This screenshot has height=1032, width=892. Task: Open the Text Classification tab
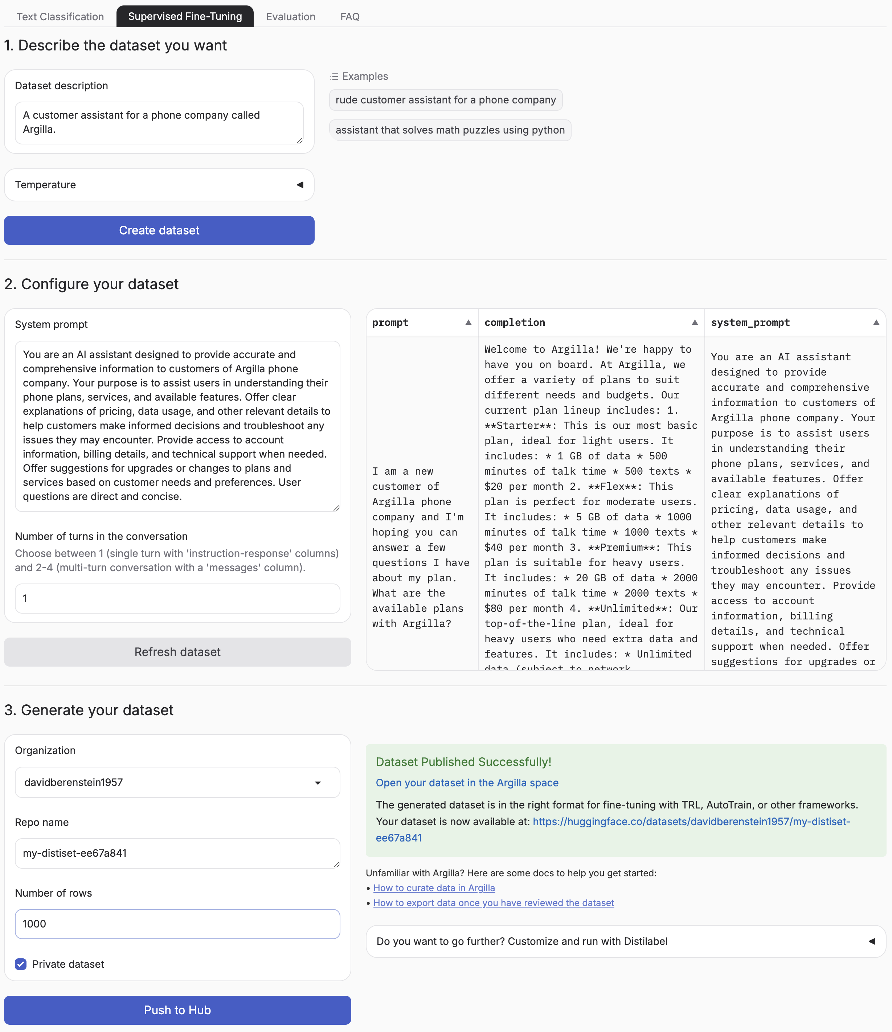tap(60, 16)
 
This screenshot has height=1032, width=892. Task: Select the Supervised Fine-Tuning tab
tap(185, 16)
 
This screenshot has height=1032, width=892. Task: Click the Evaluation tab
tap(290, 16)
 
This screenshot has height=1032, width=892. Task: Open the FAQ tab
tap(349, 16)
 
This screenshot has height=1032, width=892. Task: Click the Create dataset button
tap(159, 230)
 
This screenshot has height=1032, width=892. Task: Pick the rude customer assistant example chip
tap(445, 100)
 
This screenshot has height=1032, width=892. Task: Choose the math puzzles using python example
tap(450, 130)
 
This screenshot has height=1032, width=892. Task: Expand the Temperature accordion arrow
tap(300, 185)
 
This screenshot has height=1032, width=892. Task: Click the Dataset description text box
tap(159, 123)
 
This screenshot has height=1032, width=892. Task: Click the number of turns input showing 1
tap(177, 598)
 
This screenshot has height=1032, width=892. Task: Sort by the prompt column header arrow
tap(468, 322)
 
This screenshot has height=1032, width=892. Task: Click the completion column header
tap(515, 322)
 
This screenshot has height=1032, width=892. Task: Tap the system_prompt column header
tap(750, 322)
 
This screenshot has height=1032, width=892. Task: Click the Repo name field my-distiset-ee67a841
tap(177, 853)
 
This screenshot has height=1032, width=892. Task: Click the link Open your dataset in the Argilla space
tap(467, 782)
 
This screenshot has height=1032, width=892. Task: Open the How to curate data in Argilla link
tap(434, 888)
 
